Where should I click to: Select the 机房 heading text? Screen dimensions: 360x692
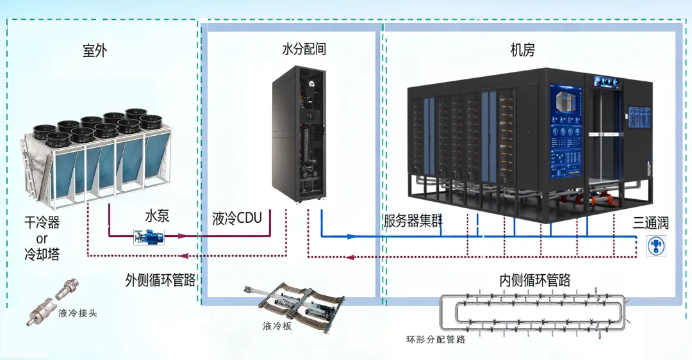pyautogui.click(x=522, y=50)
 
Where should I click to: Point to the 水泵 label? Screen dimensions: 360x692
pyautogui.click(x=156, y=216)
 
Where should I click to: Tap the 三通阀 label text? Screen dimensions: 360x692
pyautogui.click(x=651, y=223)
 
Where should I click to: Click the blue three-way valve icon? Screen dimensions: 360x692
pyautogui.click(x=655, y=246)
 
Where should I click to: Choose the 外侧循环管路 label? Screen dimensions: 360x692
pyautogui.click(x=161, y=280)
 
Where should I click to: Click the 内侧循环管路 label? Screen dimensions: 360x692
pyautogui.click(x=535, y=280)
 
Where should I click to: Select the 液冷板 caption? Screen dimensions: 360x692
pyautogui.click(x=277, y=326)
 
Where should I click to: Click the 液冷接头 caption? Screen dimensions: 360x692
pyautogui.click(x=78, y=313)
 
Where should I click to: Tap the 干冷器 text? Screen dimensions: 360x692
pyautogui.click(x=42, y=223)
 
